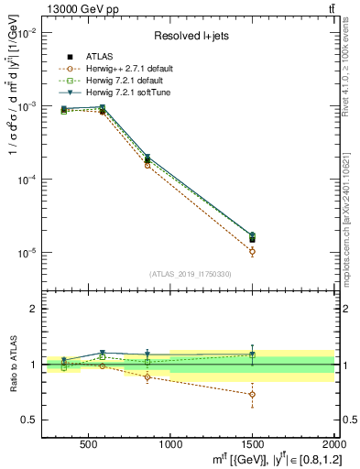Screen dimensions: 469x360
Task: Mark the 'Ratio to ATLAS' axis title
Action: click(13, 365)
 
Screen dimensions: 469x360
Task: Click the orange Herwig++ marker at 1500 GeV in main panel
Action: click(252, 251)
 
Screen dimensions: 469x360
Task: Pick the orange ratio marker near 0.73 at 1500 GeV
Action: click(252, 394)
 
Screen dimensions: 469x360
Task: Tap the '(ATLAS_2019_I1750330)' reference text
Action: click(189, 273)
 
